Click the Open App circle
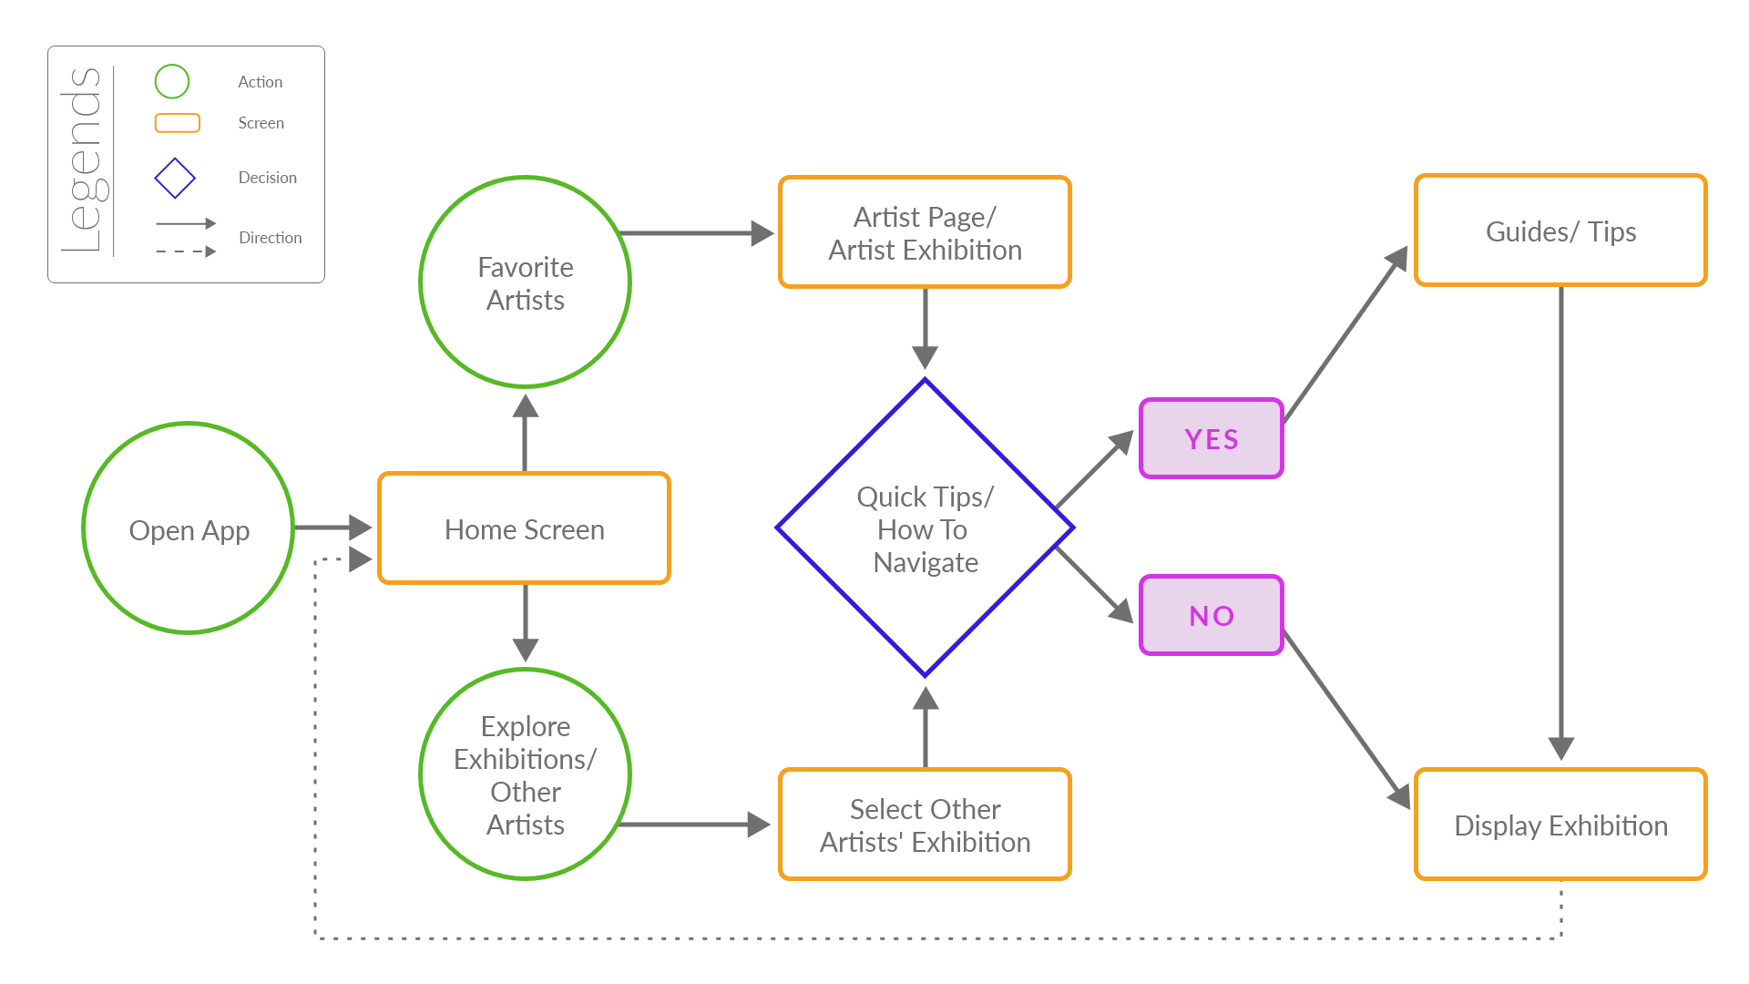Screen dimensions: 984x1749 pyautogui.click(x=189, y=528)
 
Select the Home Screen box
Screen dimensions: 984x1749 pyautogui.click(x=524, y=528)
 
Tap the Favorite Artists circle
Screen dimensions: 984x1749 pyautogui.click(x=525, y=282)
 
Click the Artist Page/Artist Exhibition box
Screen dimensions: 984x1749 pyautogui.click(x=925, y=233)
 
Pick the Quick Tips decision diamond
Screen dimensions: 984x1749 pyautogui.click(x=925, y=528)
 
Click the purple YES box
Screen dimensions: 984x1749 pyautogui.click(x=1211, y=438)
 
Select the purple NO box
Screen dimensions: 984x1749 pyautogui.click(x=1211, y=615)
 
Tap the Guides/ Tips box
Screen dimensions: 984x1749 pyautogui.click(x=1560, y=231)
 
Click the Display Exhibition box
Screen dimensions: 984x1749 pyautogui.click(x=1560, y=825)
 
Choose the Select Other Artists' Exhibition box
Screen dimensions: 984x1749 pyautogui.click(x=925, y=825)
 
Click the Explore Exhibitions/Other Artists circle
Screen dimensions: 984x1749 pyautogui.click(x=525, y=774)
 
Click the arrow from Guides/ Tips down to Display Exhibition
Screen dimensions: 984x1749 pyautogui.click(x=1560, y=519)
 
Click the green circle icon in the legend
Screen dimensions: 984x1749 pyautogui.click(x=172, y=82)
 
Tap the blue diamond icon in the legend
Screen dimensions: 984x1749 pyautogui.click(x=175, y=178)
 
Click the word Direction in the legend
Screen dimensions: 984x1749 pyautogui.click(x=270, y=238)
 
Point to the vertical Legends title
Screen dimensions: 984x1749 pyautogui.click(x=83, y=159)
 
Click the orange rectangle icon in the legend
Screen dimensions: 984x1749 pyautogui.click(x=178, y=123)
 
